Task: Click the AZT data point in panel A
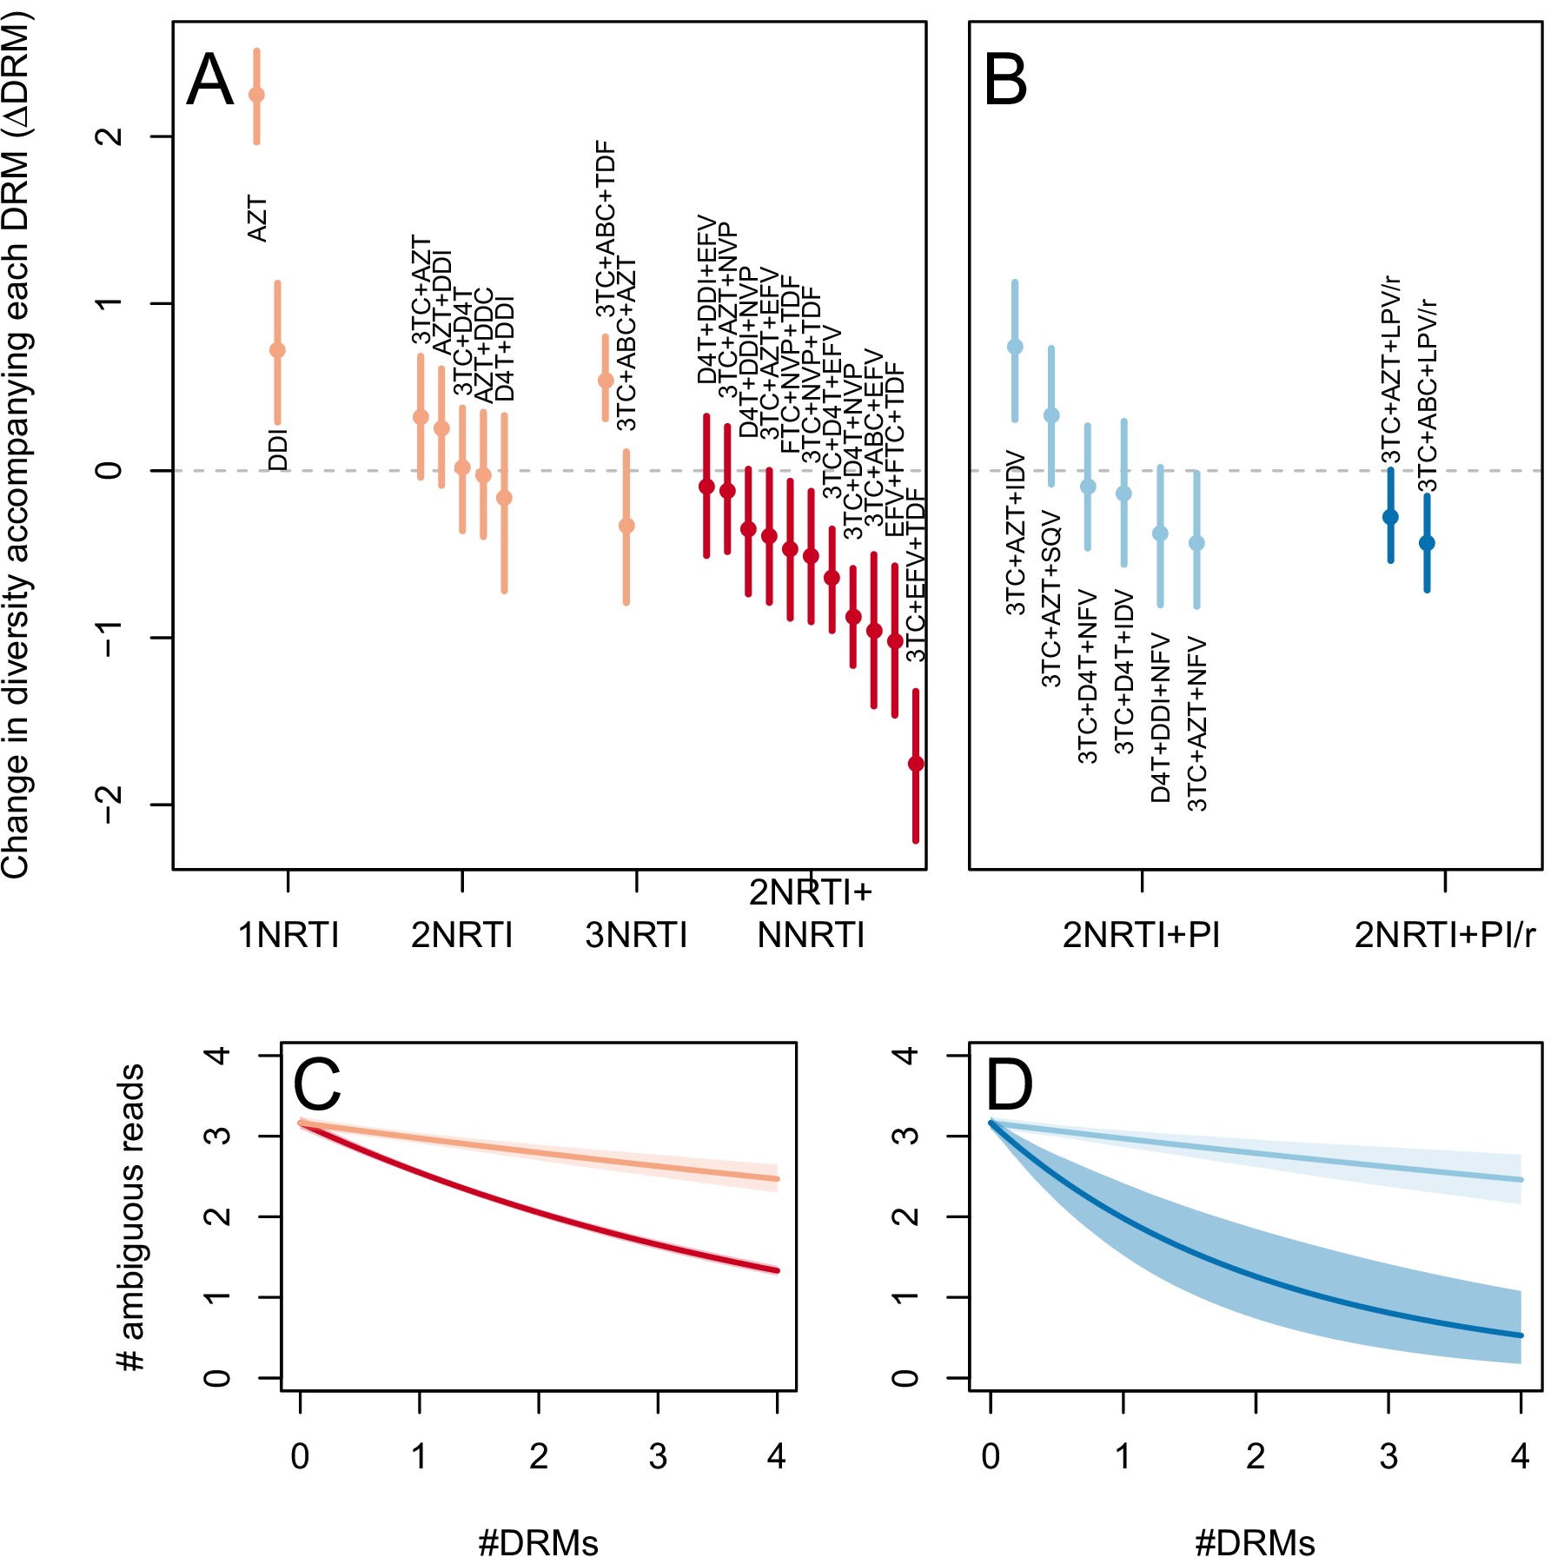(x=256, y=95)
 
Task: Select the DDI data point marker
(x=277, y=350)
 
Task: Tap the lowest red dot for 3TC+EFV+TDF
(x=916, y=764)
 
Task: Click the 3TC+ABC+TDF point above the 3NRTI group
(x=606, y=380)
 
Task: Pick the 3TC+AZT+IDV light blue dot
(x=1015, y=347)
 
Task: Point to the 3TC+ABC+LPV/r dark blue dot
(x=1427, y=543)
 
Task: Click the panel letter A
(x=210, y=81)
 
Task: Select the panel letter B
(x=1006, y=81)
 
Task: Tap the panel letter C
(x=316, y=1085)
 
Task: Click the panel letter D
(x=1010, y=1085)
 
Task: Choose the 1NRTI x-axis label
(x=288, y=936)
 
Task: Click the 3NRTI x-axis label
(x=636, y=936)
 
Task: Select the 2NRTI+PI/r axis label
(x=1445, y=936)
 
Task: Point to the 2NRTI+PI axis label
(x=1141, y=936)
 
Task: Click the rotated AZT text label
(x=257, y=219)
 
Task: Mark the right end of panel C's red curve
(x=777, y=1270)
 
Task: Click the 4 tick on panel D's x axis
(x=1520, y=1456)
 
